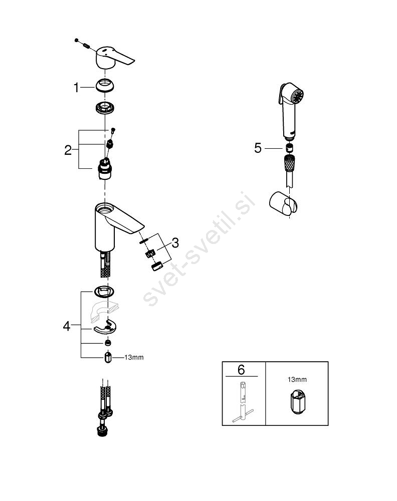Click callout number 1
click(76, 87)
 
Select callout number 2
click(68, 150)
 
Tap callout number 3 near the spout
click(175, 243)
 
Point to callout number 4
click(67, 326)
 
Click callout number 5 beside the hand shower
click(258, 148)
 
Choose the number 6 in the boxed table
click(241, 370)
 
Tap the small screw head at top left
click(76, 40)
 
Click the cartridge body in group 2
click(105, 169)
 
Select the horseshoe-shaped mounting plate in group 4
click(105, 327)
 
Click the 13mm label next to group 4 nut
click(134, 357)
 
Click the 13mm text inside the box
click(297, 380)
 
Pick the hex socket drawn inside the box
click(297, 402)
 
